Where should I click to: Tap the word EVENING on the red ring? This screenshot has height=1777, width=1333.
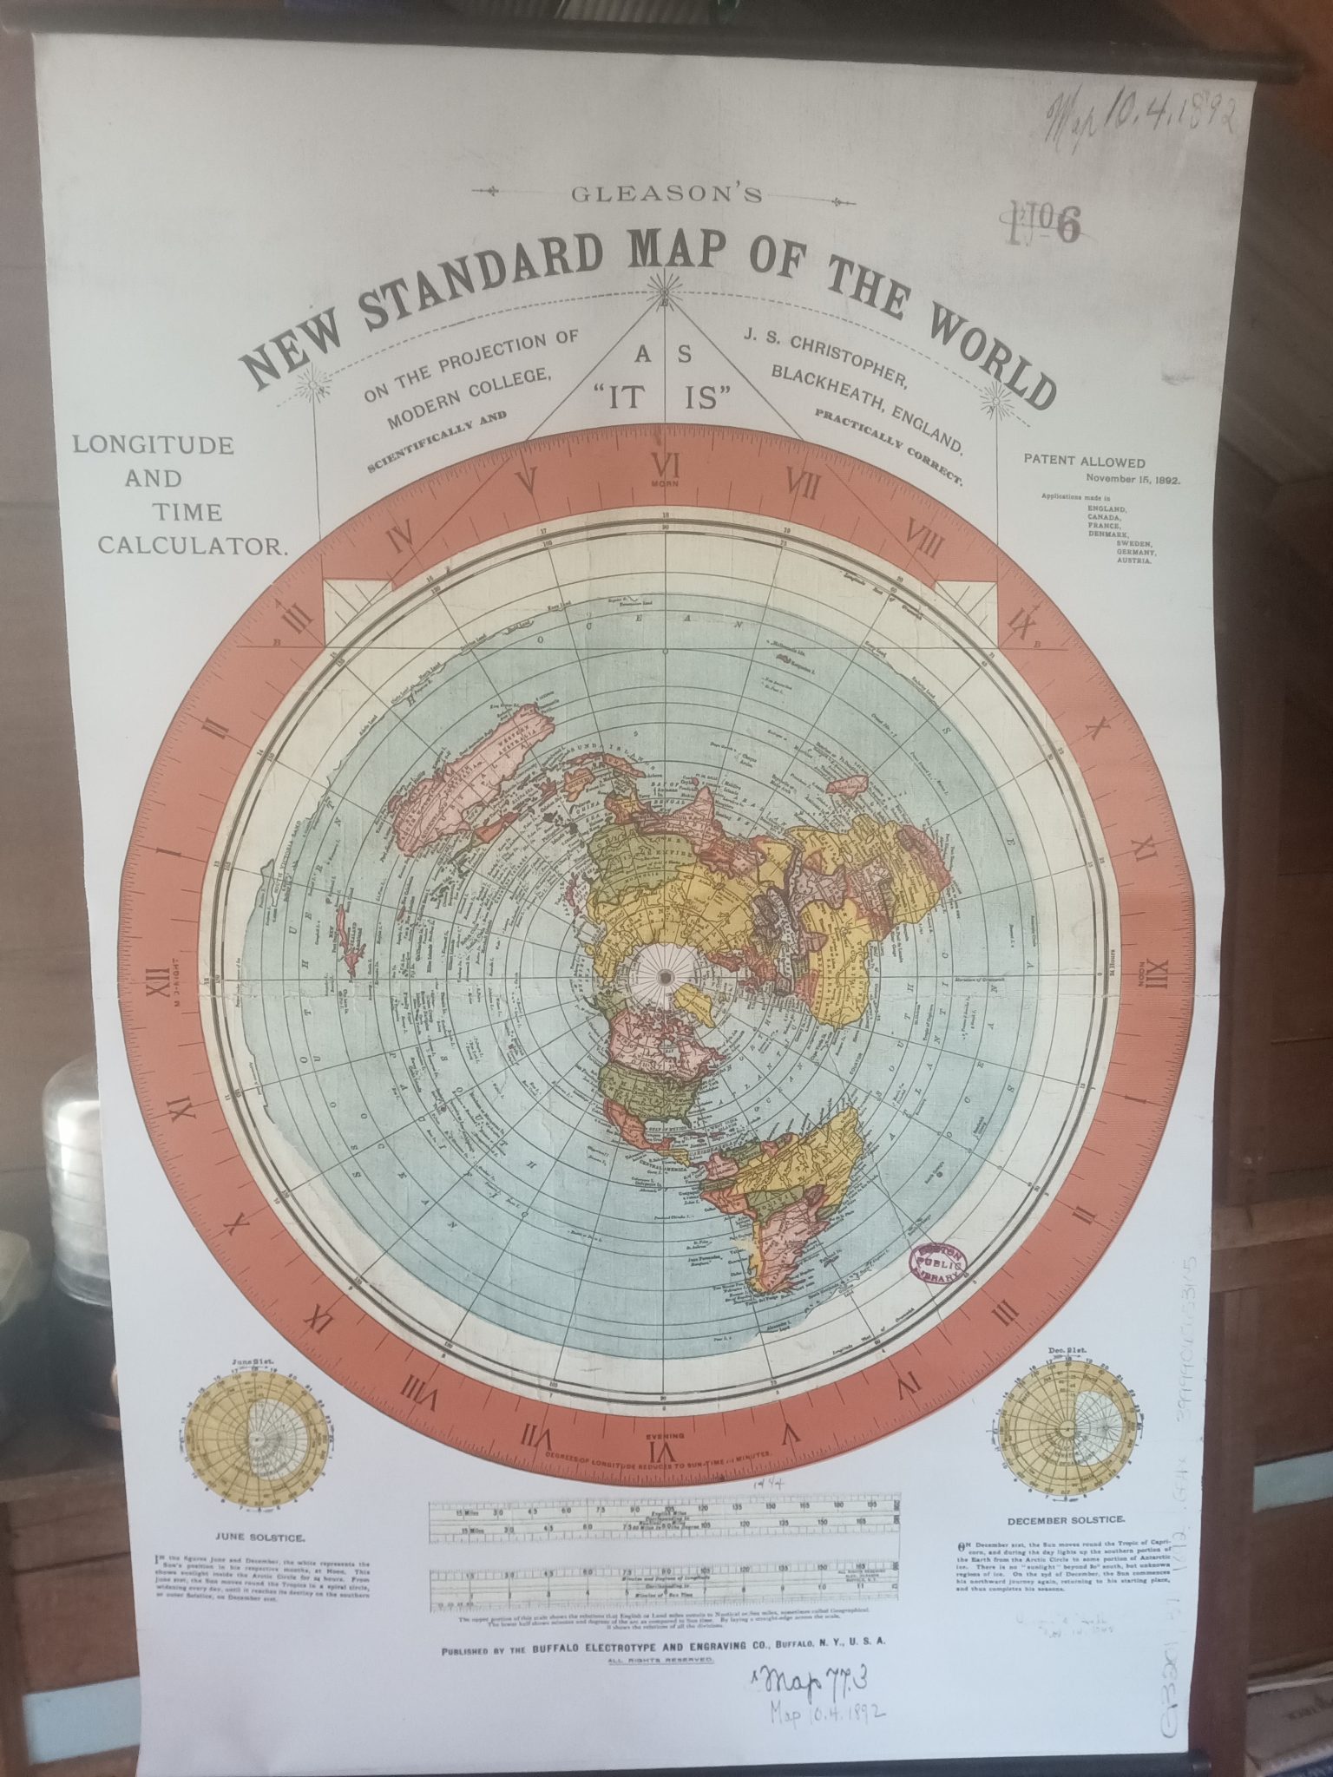tap(665, 1434)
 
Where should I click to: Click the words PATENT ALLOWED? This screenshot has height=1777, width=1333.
tap(1084, 462)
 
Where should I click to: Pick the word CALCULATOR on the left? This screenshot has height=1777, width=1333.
tap(192, 546)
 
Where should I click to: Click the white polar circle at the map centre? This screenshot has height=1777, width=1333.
tap(665, 977)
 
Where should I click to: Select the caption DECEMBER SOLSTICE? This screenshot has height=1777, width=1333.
tap(1067, 1519)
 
